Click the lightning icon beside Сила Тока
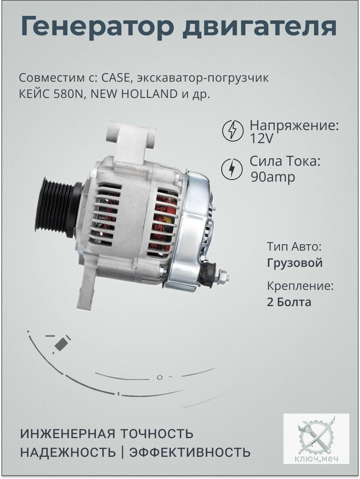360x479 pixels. [x=232, y=169]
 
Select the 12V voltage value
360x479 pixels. [x=262, y=139]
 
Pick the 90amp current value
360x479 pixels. [x=273, y=177]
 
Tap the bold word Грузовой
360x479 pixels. [x=295, y=263]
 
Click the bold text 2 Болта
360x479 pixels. [x=289, y=302]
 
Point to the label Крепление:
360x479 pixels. [x=300, y=286]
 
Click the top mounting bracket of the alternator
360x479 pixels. [x=131, y=138]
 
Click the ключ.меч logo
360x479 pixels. [x=316, y=439]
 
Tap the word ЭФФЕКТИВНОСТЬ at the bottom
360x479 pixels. [x=190, y=452]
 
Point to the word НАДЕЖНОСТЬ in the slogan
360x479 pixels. [x=68, y=452]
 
